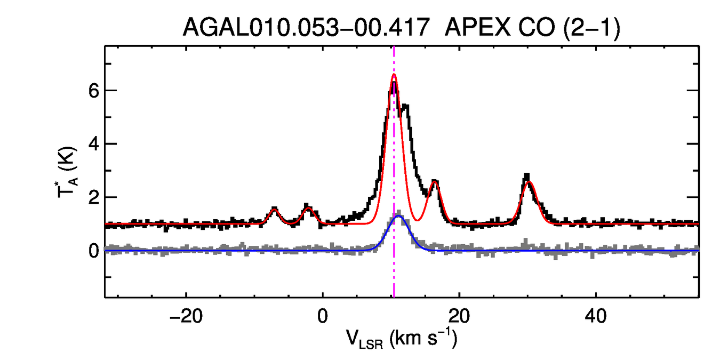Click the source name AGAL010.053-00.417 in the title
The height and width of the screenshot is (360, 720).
pos(306,27)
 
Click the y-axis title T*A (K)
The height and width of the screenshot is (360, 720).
pos(69,171)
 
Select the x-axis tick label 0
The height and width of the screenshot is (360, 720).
pos(322,315)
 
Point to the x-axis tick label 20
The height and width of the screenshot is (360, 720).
pos(459,315)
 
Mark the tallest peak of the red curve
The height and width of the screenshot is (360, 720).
pos(394,75)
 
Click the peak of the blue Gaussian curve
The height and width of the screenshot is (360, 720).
pos(398,216)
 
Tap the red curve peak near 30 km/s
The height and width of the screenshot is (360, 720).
pos(529,182)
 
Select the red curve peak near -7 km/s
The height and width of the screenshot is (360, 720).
pos(274,209)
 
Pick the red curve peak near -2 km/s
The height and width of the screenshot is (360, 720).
pos(308,207)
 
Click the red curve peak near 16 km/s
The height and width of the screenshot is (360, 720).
pos(435,182)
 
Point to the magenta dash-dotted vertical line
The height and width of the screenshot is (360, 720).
pos(394,160)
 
